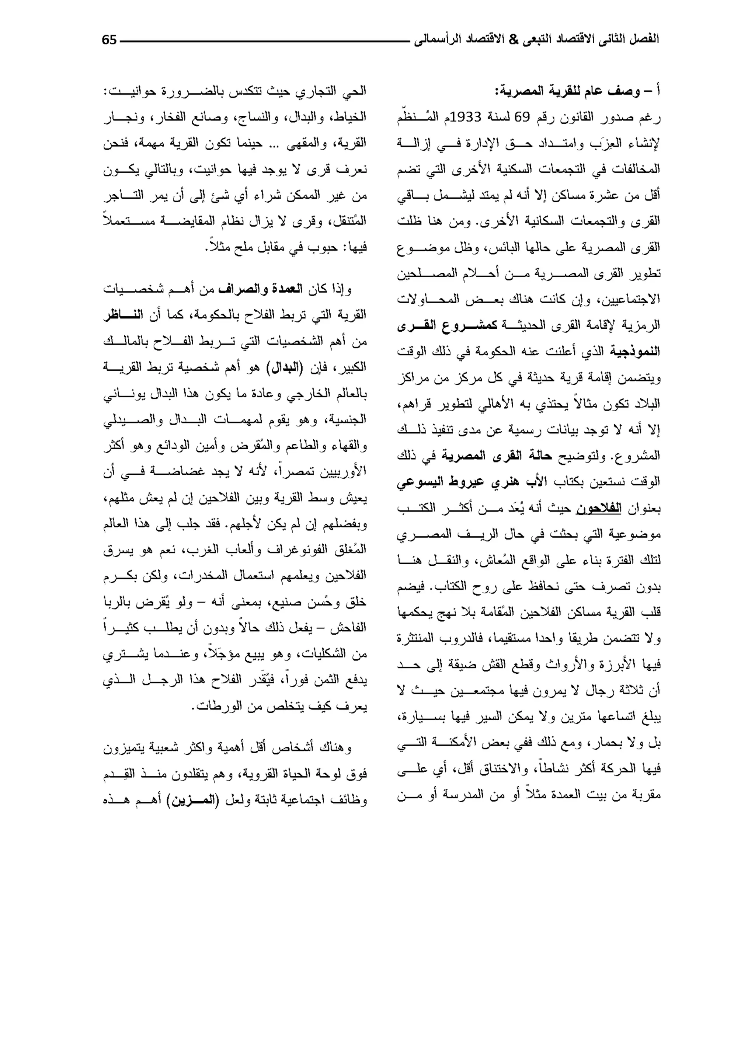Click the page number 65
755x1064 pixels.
point(109,40)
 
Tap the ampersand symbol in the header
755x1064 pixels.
point(513,40)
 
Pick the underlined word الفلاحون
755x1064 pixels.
point(599,508)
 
